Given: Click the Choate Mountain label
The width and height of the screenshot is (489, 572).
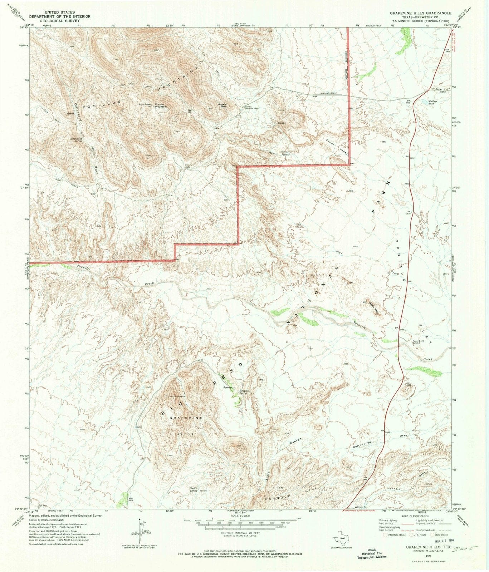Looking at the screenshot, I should click(x=161, y=105).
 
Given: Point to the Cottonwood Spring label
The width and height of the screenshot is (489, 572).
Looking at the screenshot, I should click(x=76, y=140).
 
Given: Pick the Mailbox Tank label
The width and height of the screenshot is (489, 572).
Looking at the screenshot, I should click(x=433, y=102).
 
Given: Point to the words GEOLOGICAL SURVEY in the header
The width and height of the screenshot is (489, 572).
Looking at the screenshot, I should click(x=60, y=20).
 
